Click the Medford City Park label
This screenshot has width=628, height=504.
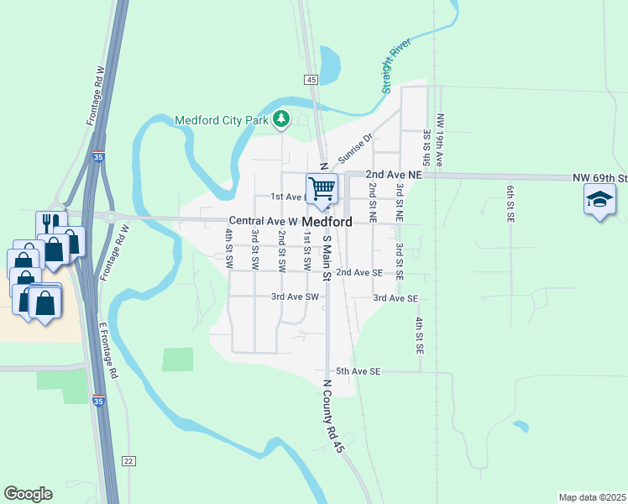pyautogui.click(x=221, y=120)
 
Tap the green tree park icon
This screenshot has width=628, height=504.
pyautogui.click(x=282, y=120)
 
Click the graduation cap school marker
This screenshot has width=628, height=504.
pyautogui.click(x=600, y=201)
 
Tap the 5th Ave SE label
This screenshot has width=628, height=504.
pyautogui.click(x=358, y=371)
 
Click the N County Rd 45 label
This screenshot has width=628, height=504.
pyautogui.click(x=333, y=416)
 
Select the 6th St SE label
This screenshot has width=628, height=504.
pyautogui.click(x=510, y=202)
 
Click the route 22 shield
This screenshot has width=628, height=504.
pyautogui.click(x=128, y=460)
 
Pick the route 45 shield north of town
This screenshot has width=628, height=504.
pyautogui.click(x=311, y=79)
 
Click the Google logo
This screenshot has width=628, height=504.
pyautogui.click(x=28, y=494)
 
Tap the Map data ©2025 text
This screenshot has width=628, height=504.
pyautogui.click(x=592, y=497)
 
